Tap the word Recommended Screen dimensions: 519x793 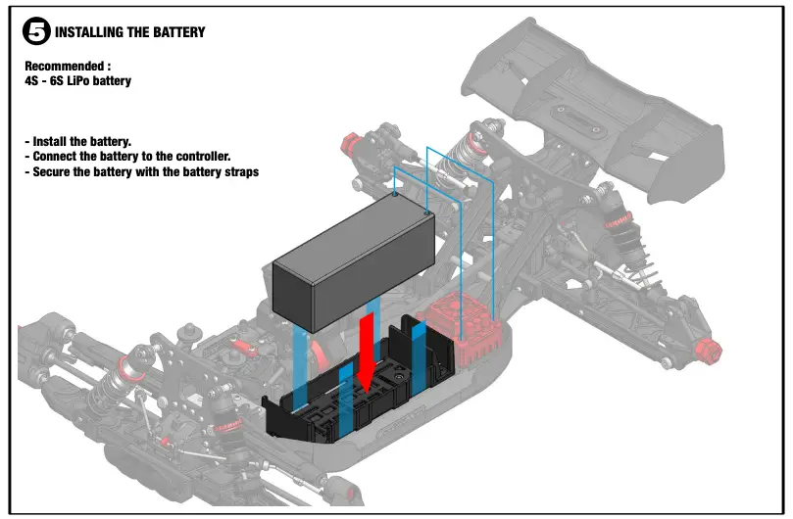(64, 67)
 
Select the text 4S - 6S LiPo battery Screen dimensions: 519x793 (77, 81)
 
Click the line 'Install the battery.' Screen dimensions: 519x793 (77, 142)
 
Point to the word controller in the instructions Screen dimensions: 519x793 (199, 157)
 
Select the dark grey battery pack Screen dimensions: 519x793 (352, 259)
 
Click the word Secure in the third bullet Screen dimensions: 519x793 (55, 171)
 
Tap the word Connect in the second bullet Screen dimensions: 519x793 (58, 157)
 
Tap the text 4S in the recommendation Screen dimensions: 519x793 (31, 81)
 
